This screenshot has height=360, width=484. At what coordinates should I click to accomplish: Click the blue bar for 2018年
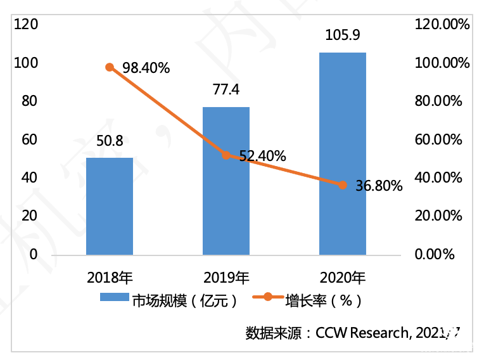point(110,206)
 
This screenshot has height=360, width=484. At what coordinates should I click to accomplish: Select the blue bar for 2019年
point(226,181)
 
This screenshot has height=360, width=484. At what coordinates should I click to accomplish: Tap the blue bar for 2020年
point(342,153)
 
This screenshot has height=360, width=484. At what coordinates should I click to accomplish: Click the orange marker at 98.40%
point(110,67)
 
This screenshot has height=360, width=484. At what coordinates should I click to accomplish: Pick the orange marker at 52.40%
point(226,155)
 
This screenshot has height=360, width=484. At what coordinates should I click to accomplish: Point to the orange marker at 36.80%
point(342,185)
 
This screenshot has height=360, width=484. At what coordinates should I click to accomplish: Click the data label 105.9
point(342,35)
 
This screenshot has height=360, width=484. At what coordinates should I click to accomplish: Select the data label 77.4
point(226,90)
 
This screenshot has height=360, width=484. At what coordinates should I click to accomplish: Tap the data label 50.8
point(110,141)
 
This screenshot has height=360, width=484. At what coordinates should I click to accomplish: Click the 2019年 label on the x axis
point(226,277)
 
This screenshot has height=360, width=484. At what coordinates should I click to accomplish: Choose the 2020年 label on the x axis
point(343,277)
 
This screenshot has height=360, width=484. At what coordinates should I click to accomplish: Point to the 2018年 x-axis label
point(110,277)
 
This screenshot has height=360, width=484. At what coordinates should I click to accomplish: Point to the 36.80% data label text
point(379,186)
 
